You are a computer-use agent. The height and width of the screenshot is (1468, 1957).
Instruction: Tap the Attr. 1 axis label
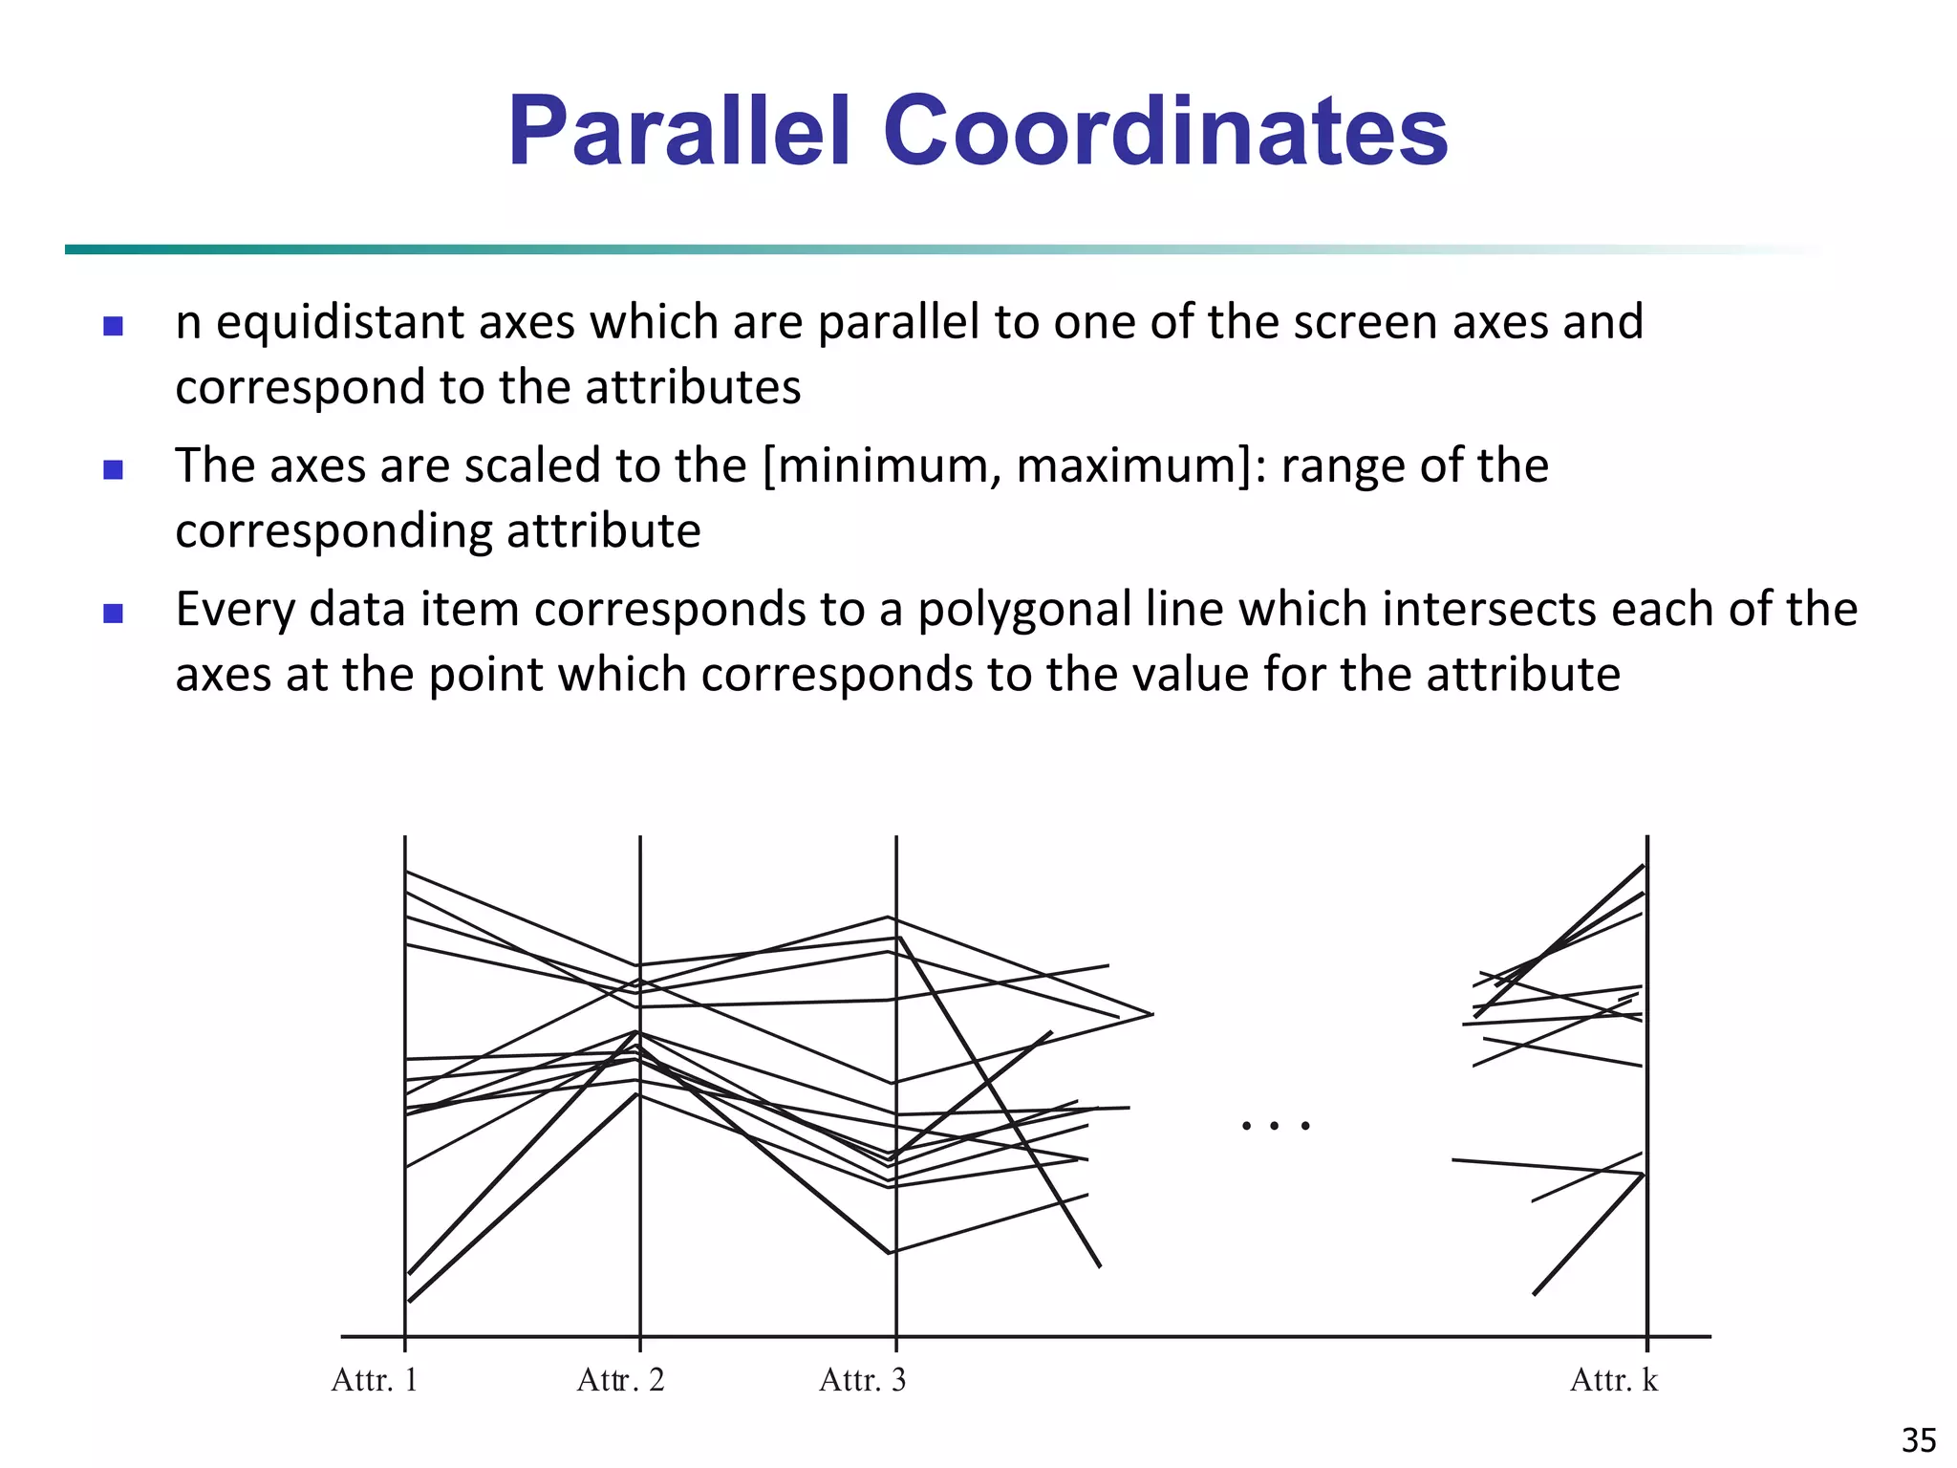[374, 1380]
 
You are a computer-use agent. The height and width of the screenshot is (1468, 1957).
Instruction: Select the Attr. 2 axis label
[620, 1380]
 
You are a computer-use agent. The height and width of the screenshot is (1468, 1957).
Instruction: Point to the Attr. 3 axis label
[862, 1380]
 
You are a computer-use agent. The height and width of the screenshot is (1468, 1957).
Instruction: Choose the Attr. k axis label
[1613, 1380]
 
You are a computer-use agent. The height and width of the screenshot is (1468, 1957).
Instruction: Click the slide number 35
[1919, 1440]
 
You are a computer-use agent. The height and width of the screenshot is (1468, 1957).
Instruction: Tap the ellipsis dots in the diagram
[1275, 1126]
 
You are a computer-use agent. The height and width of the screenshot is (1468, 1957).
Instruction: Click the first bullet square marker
[113, 327]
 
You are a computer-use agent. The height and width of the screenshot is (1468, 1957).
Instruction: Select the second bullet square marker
[113, 470]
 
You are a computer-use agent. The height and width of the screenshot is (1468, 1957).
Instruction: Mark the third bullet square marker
[113, 614]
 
